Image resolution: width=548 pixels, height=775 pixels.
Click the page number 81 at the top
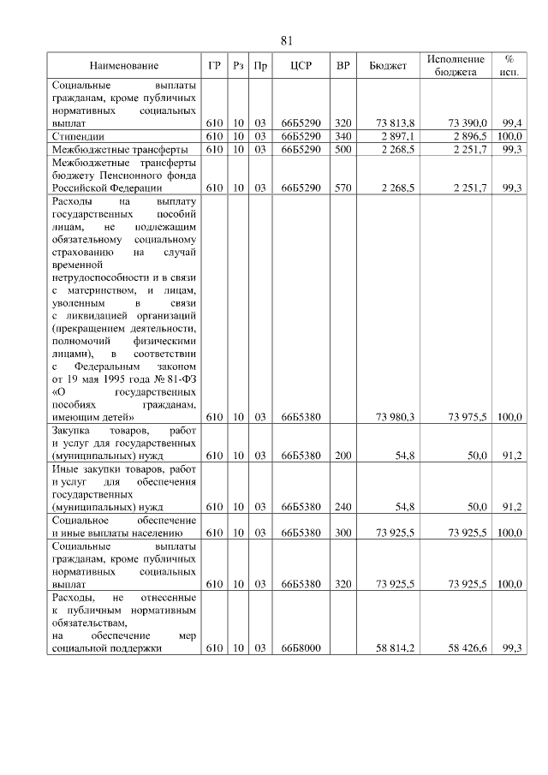pos(287,41)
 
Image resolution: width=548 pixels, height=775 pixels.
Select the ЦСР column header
pos(300,66)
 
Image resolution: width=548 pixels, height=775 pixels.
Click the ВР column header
pos(343,66)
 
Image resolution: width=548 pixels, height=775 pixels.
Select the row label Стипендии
pos(79,136)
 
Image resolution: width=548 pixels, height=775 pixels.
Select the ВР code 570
pos(343,188)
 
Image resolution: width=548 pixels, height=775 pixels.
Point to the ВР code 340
pos(343,136)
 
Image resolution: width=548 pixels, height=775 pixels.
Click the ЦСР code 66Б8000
pos(300,649)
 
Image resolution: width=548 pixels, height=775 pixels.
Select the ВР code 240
pos(343,506)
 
